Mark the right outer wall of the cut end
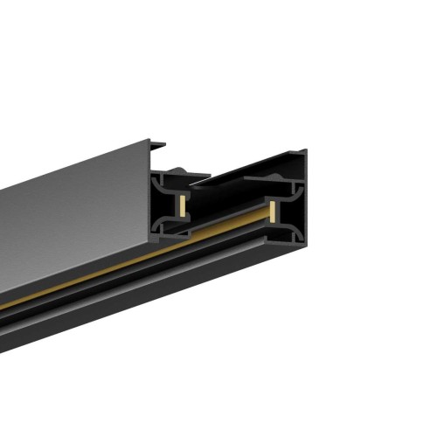coord(303,210)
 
